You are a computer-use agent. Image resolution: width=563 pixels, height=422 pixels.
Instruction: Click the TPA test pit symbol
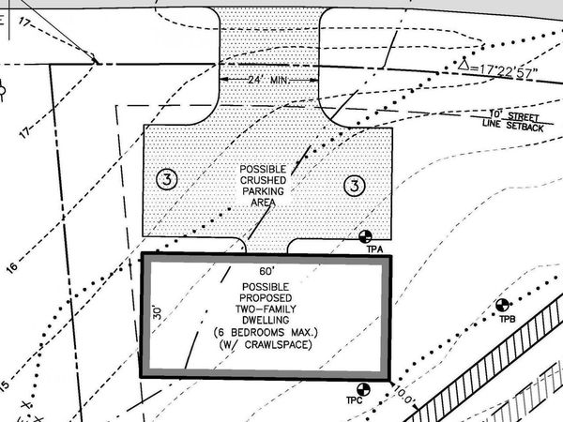click(366, 236)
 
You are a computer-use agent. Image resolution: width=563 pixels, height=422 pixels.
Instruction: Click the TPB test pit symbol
click(502, 305)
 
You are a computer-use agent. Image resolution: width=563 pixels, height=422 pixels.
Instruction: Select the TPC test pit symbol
click(363, 389)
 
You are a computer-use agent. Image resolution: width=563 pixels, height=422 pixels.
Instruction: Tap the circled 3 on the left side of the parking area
click(167, 179)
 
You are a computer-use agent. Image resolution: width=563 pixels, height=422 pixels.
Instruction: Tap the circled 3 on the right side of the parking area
click(355, 186)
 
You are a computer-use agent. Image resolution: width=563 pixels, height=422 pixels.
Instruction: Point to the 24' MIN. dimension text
click(268, 80)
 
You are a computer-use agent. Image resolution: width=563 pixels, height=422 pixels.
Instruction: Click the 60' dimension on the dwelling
click(266, 271)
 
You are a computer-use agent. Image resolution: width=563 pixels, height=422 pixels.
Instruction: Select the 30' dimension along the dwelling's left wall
click(158, 313)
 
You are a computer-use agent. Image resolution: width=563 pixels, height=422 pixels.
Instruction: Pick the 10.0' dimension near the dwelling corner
click(404, 395)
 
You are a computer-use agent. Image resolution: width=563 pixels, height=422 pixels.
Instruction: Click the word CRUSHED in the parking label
click(263, 180)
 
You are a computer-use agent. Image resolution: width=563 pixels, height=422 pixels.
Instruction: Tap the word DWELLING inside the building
click(266, 320)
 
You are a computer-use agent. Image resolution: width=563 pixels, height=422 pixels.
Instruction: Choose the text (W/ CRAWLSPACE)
click(266, 345)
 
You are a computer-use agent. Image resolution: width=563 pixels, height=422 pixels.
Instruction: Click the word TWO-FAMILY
click(266, 309)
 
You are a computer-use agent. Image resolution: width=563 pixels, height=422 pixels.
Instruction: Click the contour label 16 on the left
click(11, 267)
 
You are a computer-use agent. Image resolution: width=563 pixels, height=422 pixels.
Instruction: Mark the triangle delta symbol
click(464, 64)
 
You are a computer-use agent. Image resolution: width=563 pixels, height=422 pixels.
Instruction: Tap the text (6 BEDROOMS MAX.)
click(266, 332)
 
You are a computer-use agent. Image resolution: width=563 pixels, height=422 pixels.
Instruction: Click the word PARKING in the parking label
click(263, 191)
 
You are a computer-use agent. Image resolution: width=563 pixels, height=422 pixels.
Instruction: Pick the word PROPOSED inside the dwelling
click(266, 298)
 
